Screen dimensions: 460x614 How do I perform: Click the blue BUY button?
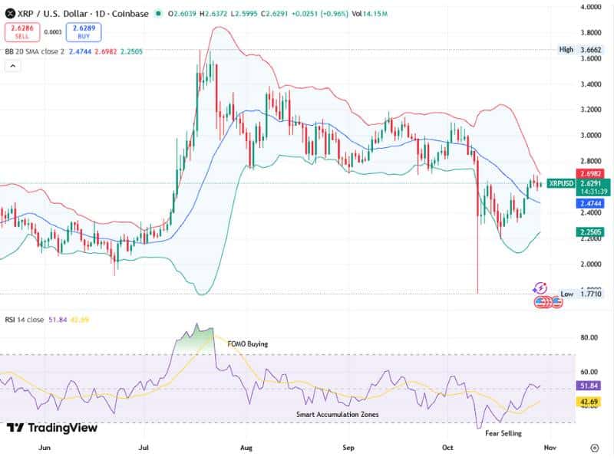coord(83,32)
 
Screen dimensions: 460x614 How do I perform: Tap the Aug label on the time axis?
coord(246,446)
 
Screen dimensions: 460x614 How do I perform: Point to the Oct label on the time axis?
coord(449,446)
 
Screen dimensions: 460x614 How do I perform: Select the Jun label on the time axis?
coord(44,446)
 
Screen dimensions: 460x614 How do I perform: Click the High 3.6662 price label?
coord(581,49)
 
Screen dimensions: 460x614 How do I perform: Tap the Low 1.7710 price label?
coord(581,294)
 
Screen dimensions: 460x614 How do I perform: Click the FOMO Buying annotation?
coord(248,344)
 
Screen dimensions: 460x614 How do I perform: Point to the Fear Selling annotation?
coord(503,433)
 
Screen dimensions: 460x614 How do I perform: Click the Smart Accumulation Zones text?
coord(338,414)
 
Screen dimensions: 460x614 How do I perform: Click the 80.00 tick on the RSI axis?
coord(589,337)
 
